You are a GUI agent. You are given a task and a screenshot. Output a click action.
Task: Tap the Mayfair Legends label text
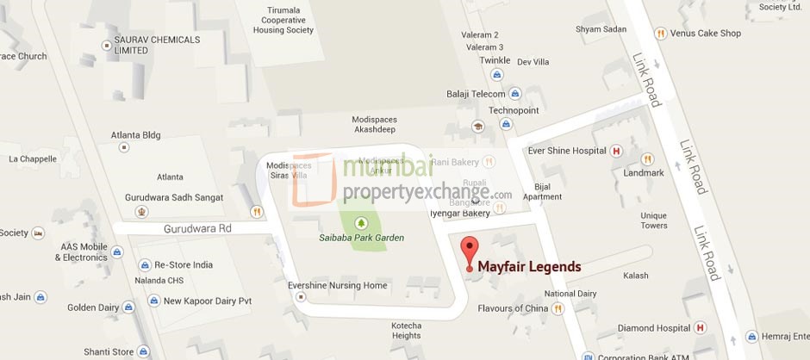click(529, 267)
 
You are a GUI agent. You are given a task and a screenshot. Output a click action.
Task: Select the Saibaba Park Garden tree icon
click(360, 222)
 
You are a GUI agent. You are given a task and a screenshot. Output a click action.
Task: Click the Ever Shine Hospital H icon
click(615, 151)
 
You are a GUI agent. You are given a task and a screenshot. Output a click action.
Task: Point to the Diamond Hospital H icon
click(700, 327)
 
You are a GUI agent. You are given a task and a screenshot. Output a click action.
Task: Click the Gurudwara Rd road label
click(198, 228)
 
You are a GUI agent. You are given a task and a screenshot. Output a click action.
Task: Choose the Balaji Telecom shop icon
click(515, 94)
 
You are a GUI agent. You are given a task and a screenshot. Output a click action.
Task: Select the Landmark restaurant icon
click(647, 159)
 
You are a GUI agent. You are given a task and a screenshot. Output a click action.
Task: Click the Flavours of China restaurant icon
click(558, 308)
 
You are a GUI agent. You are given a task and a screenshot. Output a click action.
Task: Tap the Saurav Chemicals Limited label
click(156, 45)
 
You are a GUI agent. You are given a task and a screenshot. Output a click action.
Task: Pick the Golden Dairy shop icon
click(128, 307)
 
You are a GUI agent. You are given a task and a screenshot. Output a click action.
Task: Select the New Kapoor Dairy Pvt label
click(207, 301)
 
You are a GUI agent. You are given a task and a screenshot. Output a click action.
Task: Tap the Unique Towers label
click(653, 220)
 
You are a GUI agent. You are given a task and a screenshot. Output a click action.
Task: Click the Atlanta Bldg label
click(135, 135)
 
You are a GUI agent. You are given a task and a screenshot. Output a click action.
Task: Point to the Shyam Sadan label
click(601, 29)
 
